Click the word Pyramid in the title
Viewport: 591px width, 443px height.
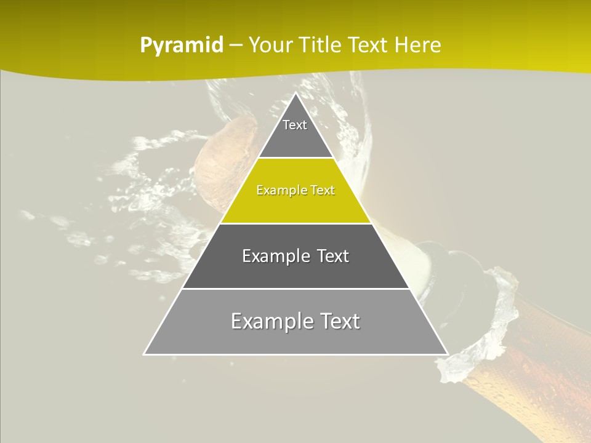click(x=181, y=46)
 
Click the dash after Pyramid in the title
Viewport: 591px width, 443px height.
click(x=236, y=46)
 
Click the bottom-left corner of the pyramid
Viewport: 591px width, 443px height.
click(x=145, y=354)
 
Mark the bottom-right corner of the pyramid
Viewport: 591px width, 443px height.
click(x=448, y=354)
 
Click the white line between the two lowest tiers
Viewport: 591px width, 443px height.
click(x=295, y=289)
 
